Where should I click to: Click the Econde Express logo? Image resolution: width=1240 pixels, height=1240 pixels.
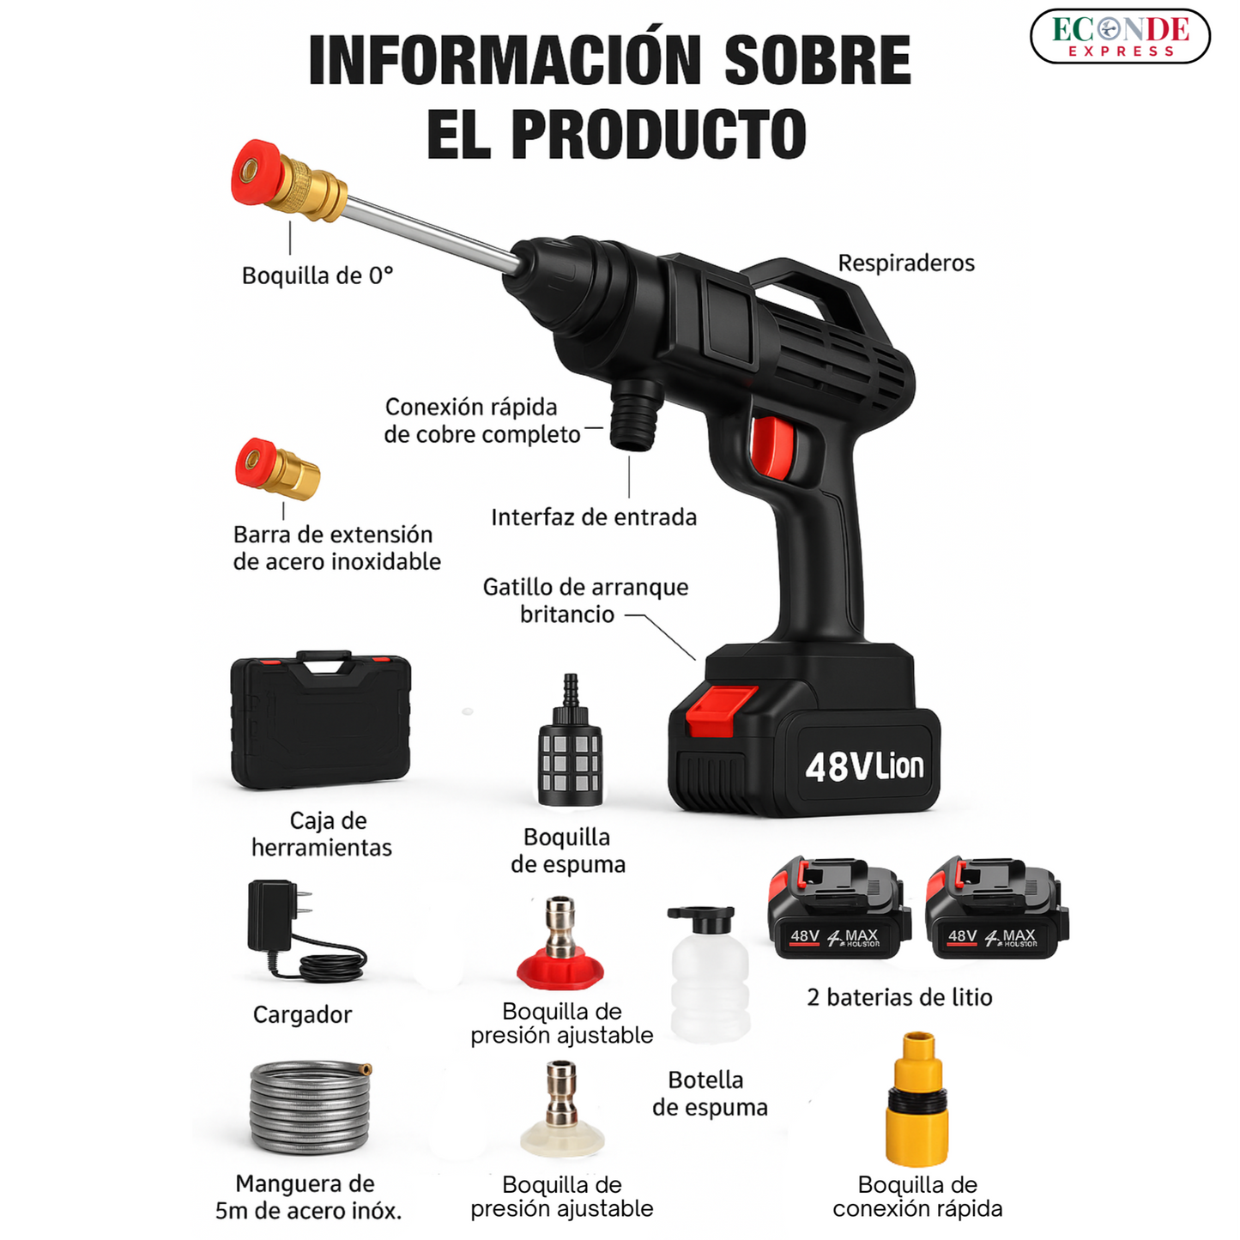click(x=1119, y=37)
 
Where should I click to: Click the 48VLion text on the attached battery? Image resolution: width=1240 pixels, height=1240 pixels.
click(x=864, y=766)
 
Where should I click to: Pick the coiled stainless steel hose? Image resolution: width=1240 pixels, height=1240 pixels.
click(x=310, y=1107)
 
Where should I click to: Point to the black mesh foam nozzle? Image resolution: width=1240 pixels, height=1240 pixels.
click(x=570, y=755)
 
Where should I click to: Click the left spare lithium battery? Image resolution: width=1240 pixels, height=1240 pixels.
click(x=838, y=910)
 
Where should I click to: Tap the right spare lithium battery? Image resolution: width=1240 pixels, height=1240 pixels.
click(x=996, y=910)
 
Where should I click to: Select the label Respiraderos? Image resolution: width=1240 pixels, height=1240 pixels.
click(x=905, y=263)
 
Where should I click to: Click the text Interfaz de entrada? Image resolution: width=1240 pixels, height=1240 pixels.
click(x=593, y=517)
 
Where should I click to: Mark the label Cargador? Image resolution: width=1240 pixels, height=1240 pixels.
click(x=302, y=1014)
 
